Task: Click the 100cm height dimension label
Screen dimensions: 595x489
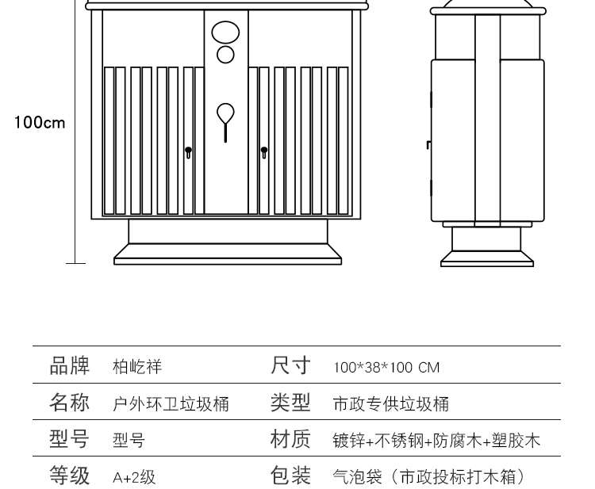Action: click(40, 123)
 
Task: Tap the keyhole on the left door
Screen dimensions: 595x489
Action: click(188, 151)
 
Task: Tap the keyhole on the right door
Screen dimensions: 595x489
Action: click(264, 151)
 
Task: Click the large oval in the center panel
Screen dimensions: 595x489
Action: click(225, 32)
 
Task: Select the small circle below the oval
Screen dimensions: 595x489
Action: click(225, 54)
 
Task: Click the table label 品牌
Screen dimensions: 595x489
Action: click(69, 366)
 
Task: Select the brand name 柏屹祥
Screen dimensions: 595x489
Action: click(137, 367)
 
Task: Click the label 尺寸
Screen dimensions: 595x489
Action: click(290, 366)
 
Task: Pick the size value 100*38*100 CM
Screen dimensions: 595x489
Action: click(386, 368)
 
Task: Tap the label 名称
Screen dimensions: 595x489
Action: click(69, 403)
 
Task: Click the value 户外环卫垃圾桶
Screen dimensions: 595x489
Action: click(171, 404)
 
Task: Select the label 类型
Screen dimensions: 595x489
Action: click(290, 403)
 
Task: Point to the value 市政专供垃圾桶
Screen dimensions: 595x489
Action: click(391, 404)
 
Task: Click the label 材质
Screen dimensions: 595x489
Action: click(290, 439)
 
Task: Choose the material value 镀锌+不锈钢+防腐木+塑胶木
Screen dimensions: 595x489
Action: click(436, 441)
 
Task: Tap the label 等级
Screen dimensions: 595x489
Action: click(69, 476)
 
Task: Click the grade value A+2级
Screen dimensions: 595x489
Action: click(134, 477)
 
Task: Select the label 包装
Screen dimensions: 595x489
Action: click(290, 476)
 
